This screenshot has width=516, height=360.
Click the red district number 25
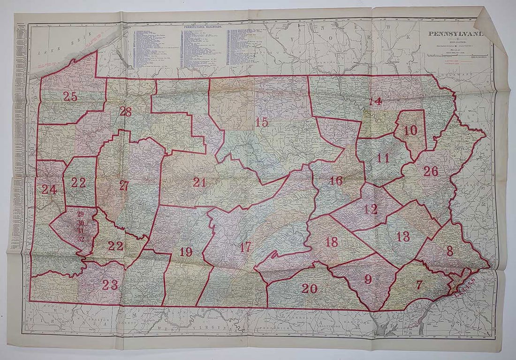click(70, 97)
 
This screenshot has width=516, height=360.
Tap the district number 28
click(125, 112)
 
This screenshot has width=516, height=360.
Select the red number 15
click(261, 122)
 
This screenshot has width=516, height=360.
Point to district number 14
click(375, 101)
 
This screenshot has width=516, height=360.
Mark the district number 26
click(430, 171)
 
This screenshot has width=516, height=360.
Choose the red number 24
click(49, 189)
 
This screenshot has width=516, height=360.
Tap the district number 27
click(124, 185)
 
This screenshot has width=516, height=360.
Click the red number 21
click(199, 182)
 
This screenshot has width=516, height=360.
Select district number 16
click(335, 181)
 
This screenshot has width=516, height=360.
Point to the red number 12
click(370, 209)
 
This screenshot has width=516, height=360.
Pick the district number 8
click(449, 251)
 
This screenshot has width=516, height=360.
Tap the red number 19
click(186, 252)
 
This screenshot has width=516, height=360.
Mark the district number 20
click(309, 289)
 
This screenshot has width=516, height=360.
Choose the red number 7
click(419, 284)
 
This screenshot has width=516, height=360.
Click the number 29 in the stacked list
click(80, 214)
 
